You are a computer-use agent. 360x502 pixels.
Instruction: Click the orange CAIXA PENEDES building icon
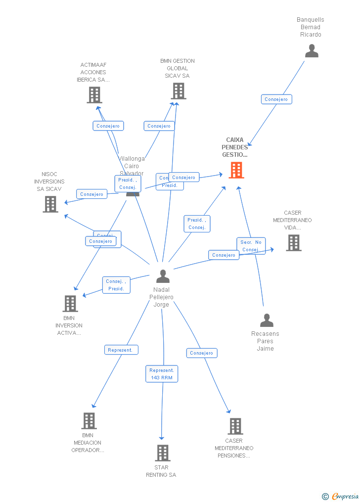(236, 170)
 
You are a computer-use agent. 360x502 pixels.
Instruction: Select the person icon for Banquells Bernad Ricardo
(312, 51)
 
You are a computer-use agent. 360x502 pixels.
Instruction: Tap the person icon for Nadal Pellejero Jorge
(163, 276)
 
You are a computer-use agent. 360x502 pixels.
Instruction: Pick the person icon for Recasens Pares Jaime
(267, 320)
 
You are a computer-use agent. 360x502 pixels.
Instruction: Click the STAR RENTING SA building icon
(162, 453)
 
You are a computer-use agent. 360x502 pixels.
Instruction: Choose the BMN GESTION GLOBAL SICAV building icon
(179, 91)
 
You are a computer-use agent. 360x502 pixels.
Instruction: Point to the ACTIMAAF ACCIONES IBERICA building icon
(94, 95)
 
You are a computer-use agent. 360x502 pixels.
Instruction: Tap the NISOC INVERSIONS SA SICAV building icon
(50, 204)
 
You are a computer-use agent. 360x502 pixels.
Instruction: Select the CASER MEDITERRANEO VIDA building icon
(293, 243)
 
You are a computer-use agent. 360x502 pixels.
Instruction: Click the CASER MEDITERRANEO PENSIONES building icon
(235, 426)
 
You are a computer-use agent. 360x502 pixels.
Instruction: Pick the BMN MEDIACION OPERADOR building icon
(89, 421)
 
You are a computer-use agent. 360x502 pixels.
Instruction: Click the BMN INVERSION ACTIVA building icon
(70, 304)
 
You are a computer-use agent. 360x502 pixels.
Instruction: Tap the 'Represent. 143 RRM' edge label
(162, 374)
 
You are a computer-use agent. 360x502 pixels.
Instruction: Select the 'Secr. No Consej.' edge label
(251, 246)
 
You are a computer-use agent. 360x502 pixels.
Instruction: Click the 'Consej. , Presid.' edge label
(116, 285)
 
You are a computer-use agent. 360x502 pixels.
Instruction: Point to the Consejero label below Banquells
(276, 99)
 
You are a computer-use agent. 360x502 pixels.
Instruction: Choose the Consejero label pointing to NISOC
(91, 194)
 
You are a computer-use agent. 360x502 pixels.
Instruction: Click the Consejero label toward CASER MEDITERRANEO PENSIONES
(202, 353)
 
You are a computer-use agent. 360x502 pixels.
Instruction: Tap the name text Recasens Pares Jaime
(265, 341)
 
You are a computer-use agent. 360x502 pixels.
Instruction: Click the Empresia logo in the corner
(341, 496)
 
